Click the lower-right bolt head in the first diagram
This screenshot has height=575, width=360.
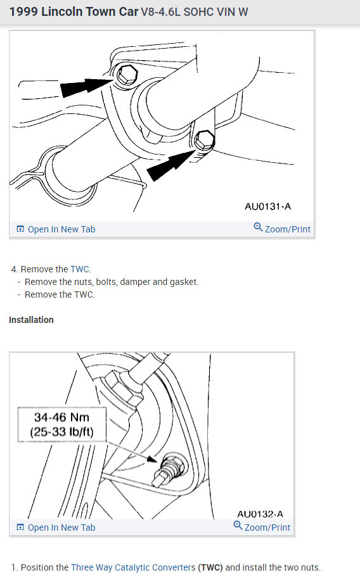[x=204, y=139]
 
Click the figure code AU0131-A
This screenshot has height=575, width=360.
[x=267, y=206]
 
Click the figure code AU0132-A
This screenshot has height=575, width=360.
[x=260, y=514]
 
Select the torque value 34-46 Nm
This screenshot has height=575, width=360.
[x=61, y=418]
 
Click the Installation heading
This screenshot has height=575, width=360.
[x=31, y=320]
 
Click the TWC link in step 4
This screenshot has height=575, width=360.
[x=80, y=269]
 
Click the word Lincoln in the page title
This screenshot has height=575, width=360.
[x=63, y=11]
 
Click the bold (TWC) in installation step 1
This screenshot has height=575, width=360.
[x=210, y=567]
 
